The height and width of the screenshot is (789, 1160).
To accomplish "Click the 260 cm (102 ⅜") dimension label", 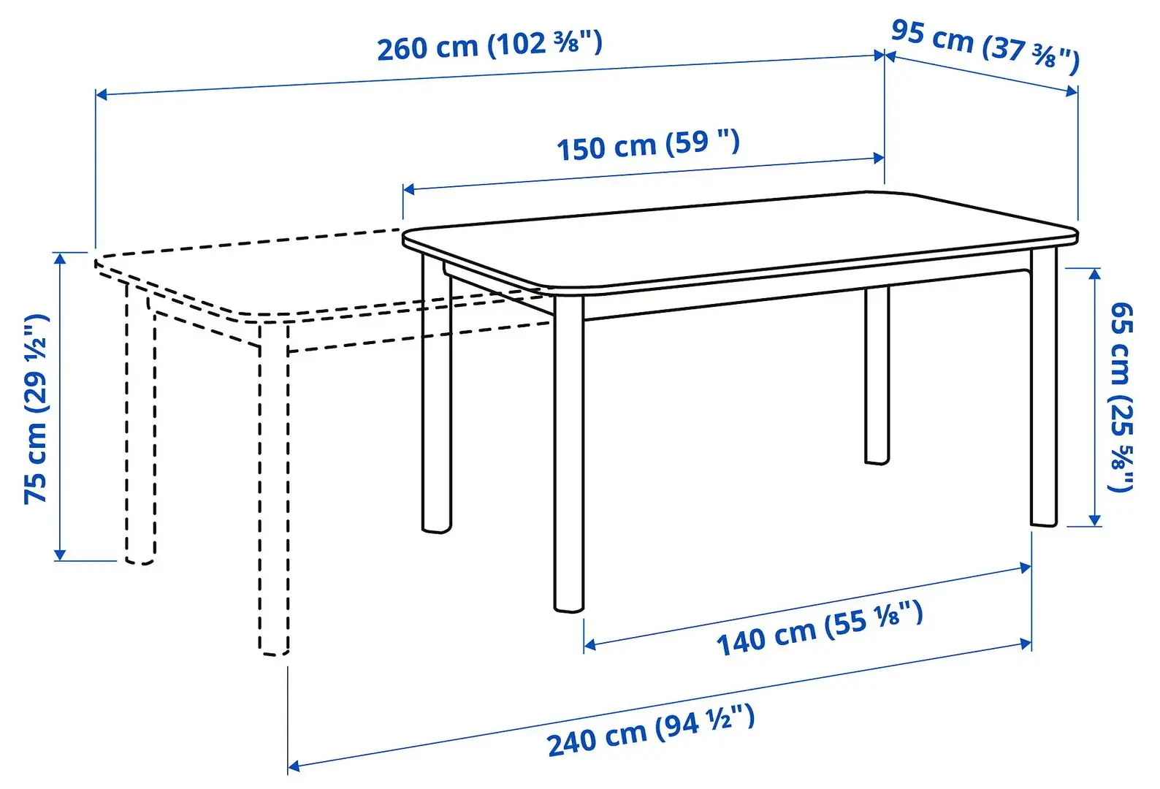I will (x=489, y=45).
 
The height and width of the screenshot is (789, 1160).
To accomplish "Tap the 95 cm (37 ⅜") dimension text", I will (x=985, y=45).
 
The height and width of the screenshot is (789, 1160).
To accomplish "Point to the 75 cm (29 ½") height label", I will (x=37, y=408).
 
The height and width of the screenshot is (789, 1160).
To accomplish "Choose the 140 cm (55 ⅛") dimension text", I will (x=820, y=628).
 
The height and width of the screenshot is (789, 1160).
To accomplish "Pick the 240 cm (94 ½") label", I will (x=650, y=731).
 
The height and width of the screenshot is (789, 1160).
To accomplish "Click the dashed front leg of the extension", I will (x=273, y=489).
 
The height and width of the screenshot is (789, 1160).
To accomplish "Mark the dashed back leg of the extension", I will (x=140, y=424).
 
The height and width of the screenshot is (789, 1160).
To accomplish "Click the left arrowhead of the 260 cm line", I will (x=101, y=94).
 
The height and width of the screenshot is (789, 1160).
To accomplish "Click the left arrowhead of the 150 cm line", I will (x=408, y=189).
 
